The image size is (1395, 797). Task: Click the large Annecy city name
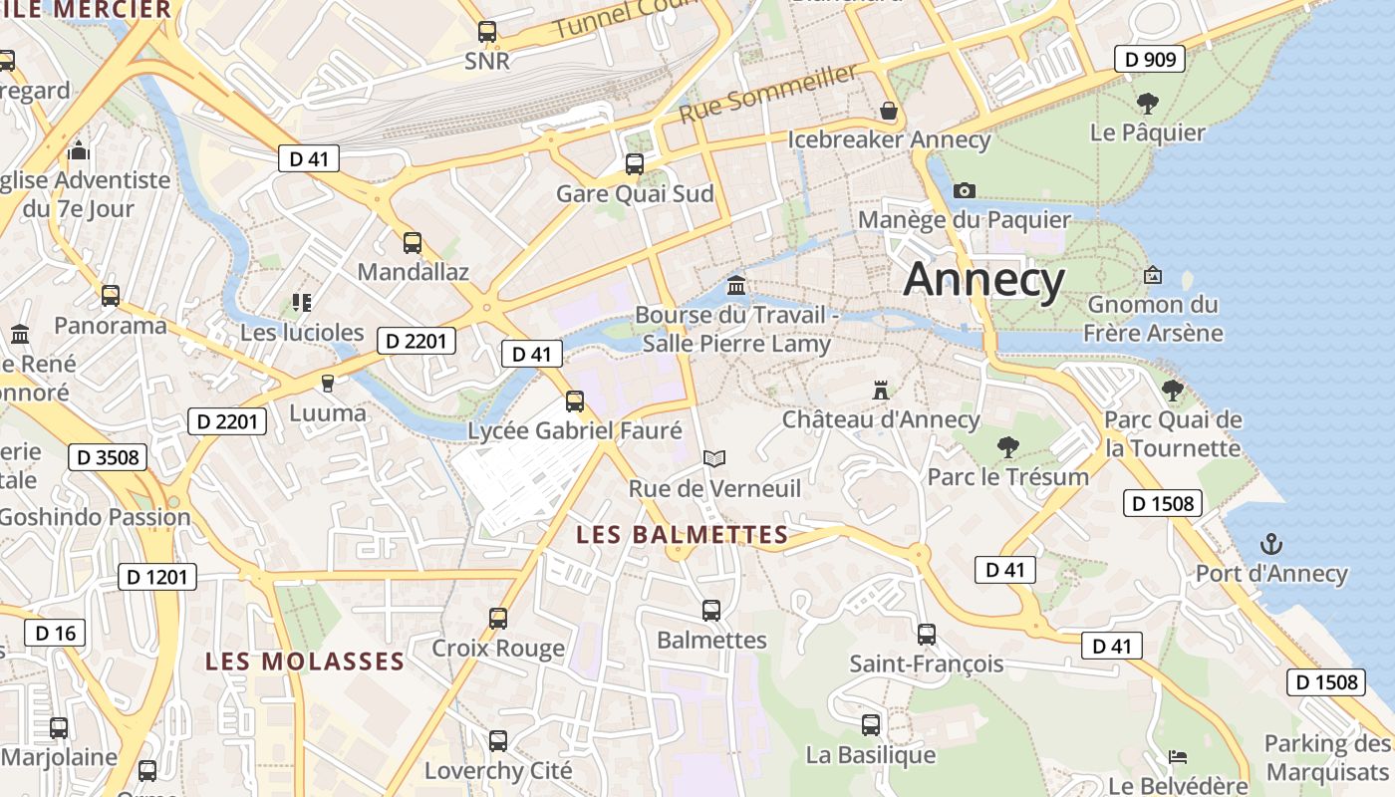[983, 280]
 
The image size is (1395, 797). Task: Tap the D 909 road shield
[1150, 60]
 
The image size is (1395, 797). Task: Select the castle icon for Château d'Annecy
[880, 390]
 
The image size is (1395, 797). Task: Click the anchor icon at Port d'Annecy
[1270, 544]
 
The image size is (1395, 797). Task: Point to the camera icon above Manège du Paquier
[964, 190]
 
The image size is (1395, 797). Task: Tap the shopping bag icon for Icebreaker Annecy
[888, 110]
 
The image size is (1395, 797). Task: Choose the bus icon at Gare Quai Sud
[634, 164]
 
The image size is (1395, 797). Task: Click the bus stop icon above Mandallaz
[412, 243]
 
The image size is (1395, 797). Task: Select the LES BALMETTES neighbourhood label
[683, 535]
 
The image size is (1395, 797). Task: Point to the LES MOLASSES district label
[305, 662]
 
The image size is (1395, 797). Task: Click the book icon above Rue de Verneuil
[713, 458]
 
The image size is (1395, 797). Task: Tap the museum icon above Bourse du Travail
[736, 287]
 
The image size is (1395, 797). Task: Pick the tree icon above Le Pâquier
[1147, 103]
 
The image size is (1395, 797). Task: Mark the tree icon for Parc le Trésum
[1007, 446]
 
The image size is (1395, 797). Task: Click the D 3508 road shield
[108, 457]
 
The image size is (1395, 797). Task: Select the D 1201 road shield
[157, 576]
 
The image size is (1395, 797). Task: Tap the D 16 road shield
[55, 633]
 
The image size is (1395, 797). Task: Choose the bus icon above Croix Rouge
[498, 619]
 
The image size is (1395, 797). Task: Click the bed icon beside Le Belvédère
[1178, 757]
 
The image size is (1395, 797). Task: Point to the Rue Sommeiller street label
[768, 94]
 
